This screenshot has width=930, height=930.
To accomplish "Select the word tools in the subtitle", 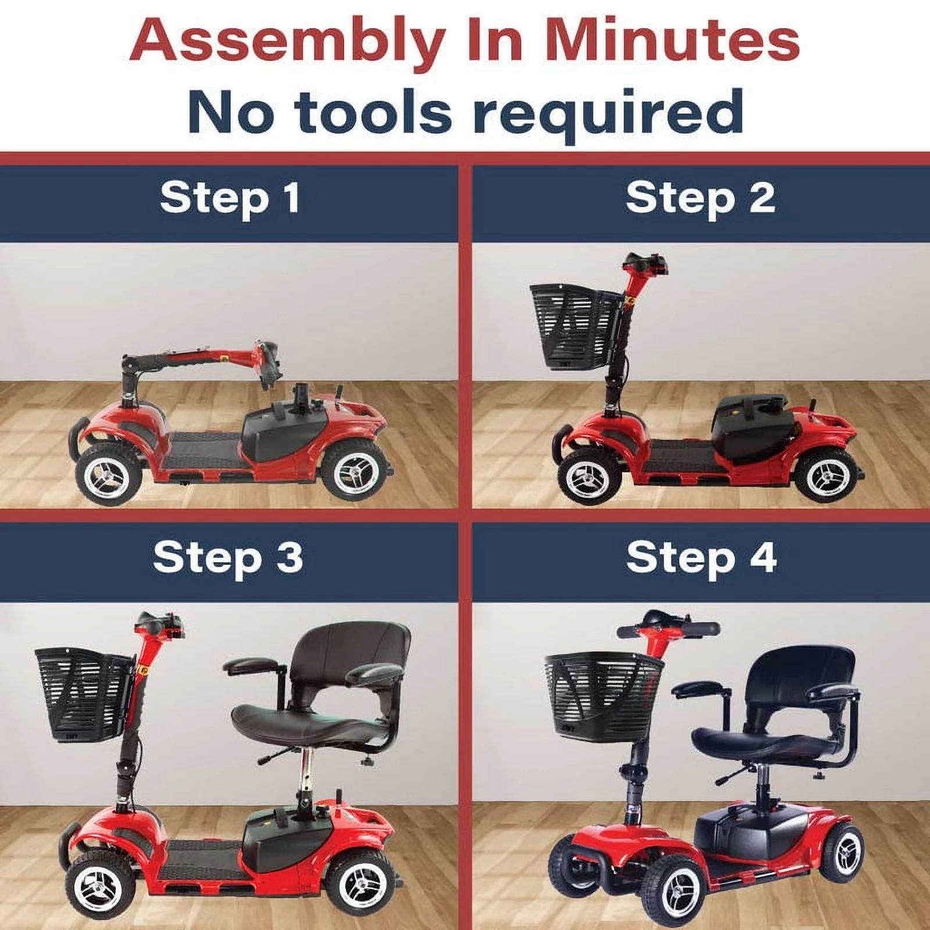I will [x=372, y=110].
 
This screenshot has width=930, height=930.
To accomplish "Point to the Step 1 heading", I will [x=230, y=198].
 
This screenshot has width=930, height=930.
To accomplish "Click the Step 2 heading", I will [x=700, y=198].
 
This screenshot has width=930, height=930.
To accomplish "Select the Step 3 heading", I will [x=228, y=557].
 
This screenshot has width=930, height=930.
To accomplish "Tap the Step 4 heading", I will [x=701, y=557].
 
